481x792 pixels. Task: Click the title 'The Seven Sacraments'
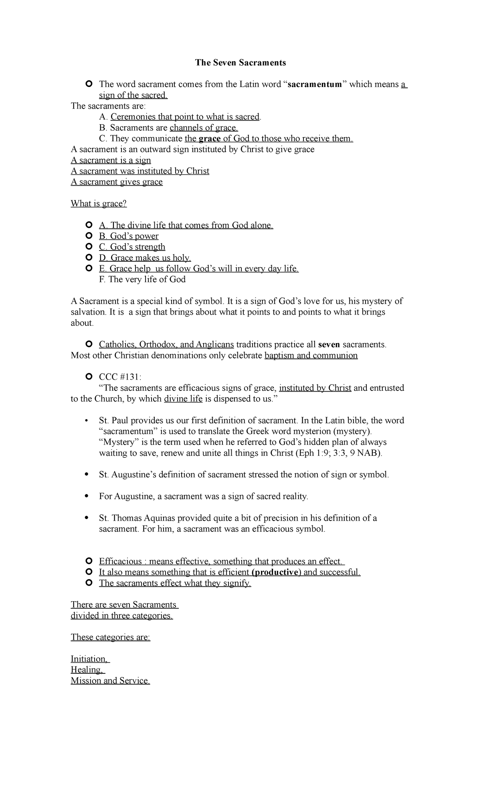tap(240, 63)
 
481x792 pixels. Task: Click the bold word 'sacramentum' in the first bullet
tap(315, 84)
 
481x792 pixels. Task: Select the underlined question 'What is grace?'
tap(99, 204)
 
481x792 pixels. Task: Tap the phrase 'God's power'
tap(134, 236)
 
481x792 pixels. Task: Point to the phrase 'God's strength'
tap(137, 247)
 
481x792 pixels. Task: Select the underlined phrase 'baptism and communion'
tap(311, 356)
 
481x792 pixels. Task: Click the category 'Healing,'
tap(87, 670)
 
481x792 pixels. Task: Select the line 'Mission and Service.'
tap(110, 681)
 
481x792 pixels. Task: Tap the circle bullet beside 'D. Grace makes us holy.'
tap(89, 258)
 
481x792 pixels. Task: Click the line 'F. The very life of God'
tap(142, 279)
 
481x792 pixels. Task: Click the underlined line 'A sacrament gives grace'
tap(117, 182)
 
